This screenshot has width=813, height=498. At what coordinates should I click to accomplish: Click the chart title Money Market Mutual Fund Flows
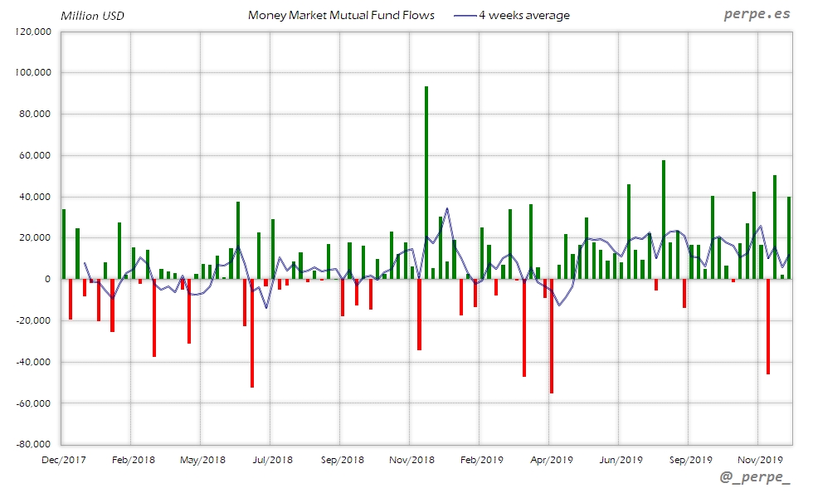point(341,15)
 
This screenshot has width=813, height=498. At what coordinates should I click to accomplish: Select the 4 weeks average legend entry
point(523,15)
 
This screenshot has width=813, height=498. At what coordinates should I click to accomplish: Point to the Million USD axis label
point(92,16)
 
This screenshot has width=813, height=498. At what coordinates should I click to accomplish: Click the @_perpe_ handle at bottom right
point(755,478)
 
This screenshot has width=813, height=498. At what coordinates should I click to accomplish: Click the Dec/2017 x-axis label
point(63,459)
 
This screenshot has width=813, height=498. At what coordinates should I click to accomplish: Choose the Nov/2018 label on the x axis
point(411,459)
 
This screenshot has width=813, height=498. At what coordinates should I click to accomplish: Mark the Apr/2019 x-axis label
point(551,459)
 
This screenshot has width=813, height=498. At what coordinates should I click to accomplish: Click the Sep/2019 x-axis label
point(690,459)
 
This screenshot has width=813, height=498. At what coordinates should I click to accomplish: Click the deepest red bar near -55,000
point(552,336)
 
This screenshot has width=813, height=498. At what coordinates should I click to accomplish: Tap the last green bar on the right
point(789,238)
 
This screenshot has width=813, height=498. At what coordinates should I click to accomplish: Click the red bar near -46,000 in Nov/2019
point(768,326)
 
